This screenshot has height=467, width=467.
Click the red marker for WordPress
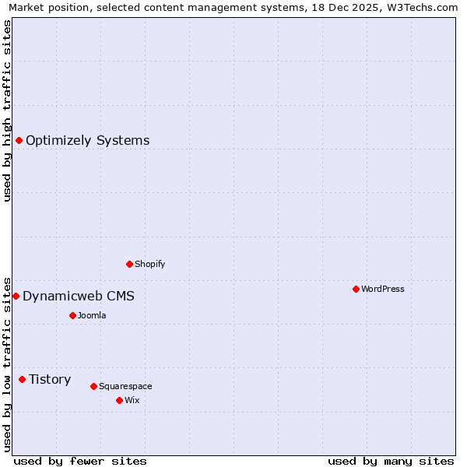click(x=356, y=289)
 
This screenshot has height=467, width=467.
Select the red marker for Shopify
click(x=129, y=264)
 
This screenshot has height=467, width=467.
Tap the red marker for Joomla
click(x=72, y=315)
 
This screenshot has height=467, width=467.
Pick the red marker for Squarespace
click(x=93, y=386)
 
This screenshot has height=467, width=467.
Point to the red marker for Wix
click(x=119, y=400)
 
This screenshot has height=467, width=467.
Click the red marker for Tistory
click(x=22, y=379)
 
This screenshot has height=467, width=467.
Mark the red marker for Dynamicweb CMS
click(x=16, y=296)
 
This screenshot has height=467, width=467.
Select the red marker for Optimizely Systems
click(x=19, y=140)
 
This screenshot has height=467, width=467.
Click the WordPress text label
click(x=383, y=289)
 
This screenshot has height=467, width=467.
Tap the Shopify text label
click(x=150, y=264)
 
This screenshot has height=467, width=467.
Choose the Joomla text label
click(x=92, y=315)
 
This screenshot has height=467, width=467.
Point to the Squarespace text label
click(x=125, y=386)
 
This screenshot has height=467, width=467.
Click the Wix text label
click(x=132, y=400)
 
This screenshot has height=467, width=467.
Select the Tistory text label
click(x=50, y=379)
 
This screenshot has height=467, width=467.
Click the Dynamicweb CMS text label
click(x=79, y=296)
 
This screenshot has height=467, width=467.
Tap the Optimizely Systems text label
click(x=88, y=140)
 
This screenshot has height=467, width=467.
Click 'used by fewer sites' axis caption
click(x=80, y=461)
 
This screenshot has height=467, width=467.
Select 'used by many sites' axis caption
click(x=391, y=461)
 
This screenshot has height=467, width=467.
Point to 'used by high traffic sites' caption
click(x=8, y=111)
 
